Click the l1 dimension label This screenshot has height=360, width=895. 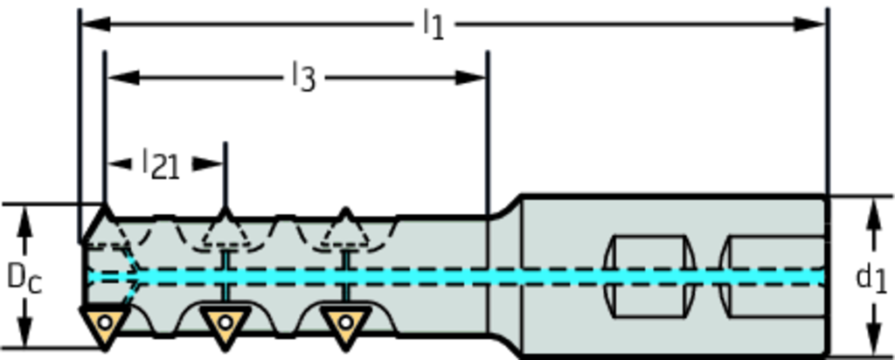coord(434,24)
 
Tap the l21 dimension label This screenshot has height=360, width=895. coord(161,163)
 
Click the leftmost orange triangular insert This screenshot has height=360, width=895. coord(105,324)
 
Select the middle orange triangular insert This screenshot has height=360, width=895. coord(225,324)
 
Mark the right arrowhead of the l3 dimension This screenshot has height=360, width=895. coord(472,77)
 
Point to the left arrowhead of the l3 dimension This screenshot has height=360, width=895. coord(121,77)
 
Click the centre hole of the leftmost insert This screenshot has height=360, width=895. coord(105,322)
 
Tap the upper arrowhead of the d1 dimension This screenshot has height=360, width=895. coord(871,213)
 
